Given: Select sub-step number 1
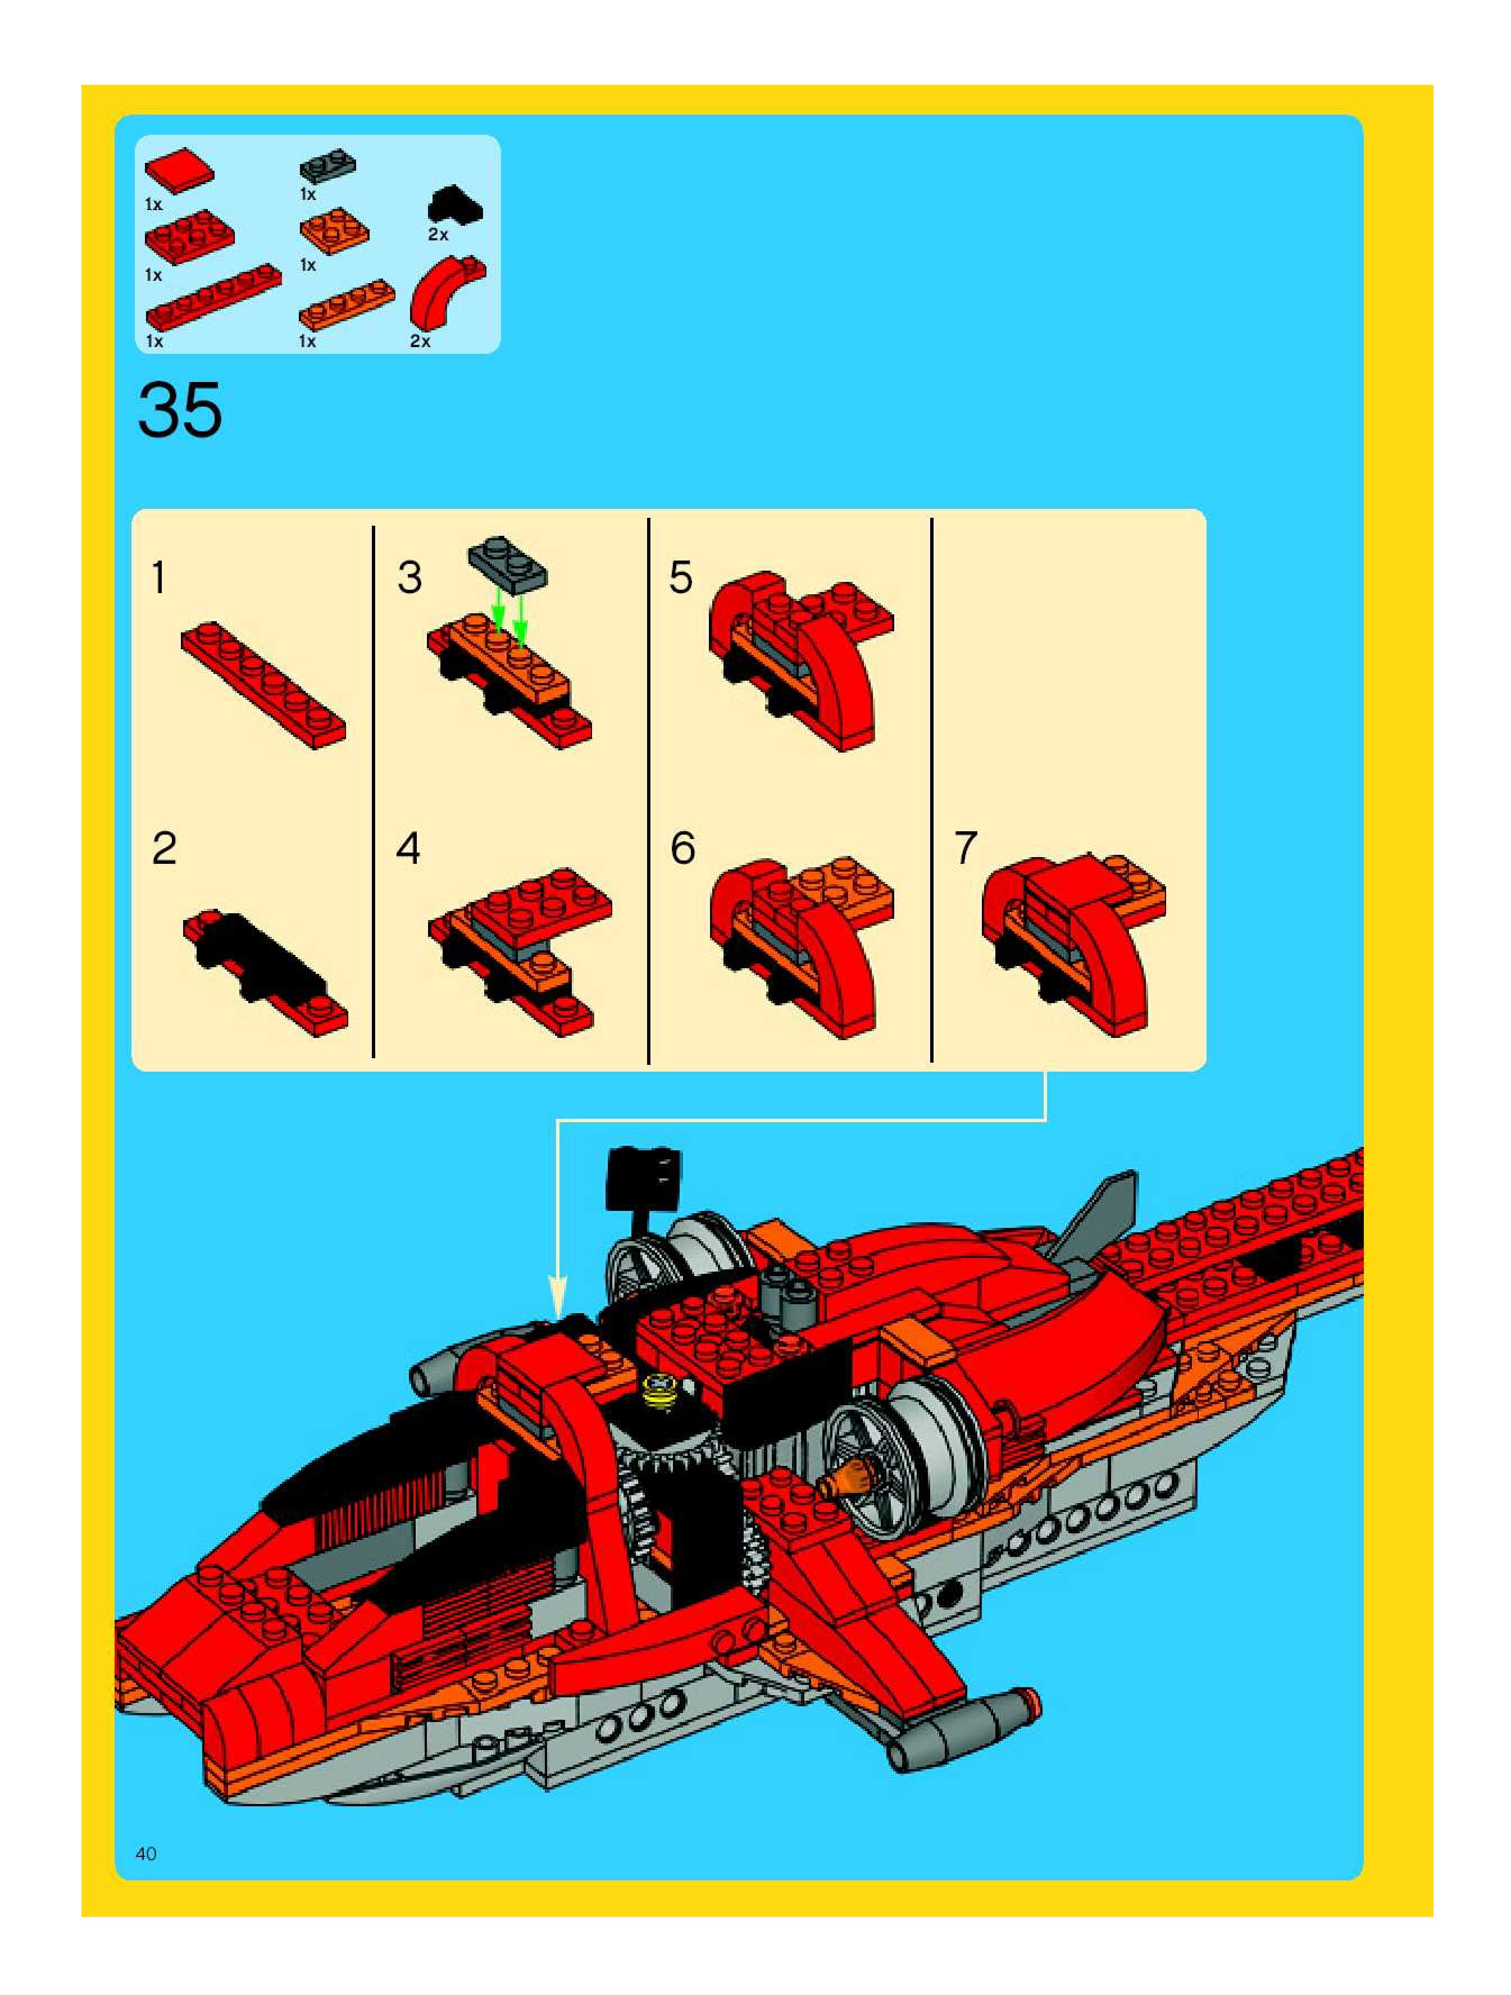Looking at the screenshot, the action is point(159,578).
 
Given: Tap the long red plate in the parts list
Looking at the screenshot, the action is point(213,297).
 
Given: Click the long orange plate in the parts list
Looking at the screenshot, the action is point(347,303).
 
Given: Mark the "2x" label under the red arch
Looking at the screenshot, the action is point(420,341).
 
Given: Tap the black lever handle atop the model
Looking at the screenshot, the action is point(644,1175).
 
